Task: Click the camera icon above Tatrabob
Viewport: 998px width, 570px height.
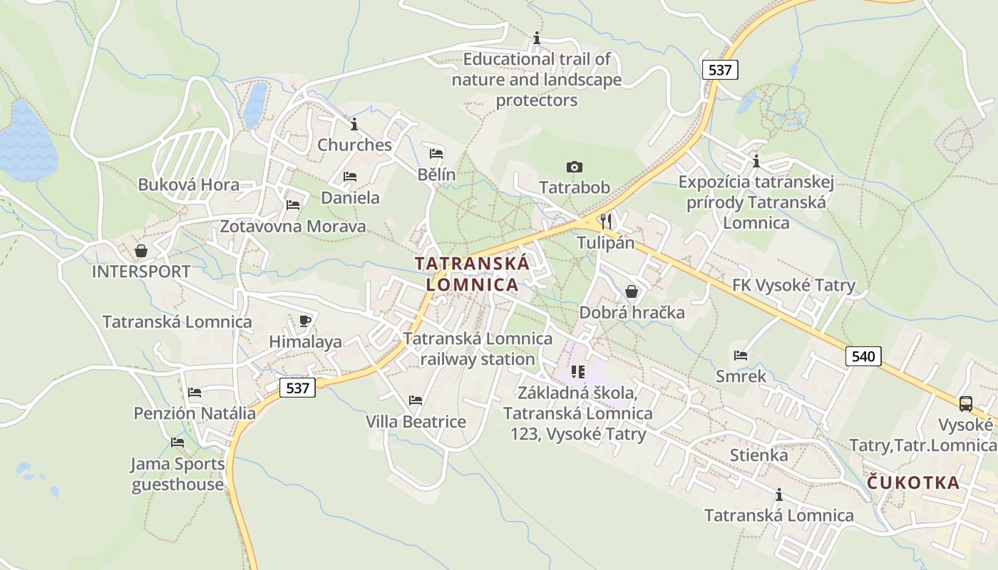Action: click(x=574, y=167)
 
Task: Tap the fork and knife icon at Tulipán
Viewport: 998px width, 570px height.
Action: click(x=606, y=221)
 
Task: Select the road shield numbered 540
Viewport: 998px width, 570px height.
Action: click(x=863, y=356)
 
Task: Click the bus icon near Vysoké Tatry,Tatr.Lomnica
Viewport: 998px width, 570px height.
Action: click(x=966, y=404)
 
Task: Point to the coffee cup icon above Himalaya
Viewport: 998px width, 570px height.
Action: click(x=305, y=321)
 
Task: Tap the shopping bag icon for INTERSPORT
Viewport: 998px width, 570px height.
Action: click(x=141, y=251)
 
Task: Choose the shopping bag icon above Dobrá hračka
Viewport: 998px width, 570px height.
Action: click(x=631, y=291)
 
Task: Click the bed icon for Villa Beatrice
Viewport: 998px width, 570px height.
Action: click(x=416, y=400)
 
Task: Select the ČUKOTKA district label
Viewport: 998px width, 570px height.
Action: click(x=913, y=483)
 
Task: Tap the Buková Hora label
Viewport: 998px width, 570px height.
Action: click(x=189, y=185)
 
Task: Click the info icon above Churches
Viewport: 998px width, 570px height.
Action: click(x=354, y=125)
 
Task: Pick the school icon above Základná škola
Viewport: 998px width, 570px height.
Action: click(x=578, y=371)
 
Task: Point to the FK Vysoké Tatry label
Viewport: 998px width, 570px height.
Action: click(x=793, y=286)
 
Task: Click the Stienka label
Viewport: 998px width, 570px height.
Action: click(x=758, y=455)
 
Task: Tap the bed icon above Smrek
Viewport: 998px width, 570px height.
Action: click(x=741, y=355)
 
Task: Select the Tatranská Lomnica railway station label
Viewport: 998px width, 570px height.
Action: click(x=478, y=348)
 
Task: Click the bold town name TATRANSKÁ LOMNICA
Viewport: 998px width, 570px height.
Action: click(x=472, y=274)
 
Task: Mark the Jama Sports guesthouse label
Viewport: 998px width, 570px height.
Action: click(x=178, y=475)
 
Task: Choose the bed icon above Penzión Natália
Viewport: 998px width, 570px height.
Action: click(x=194, y=393)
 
